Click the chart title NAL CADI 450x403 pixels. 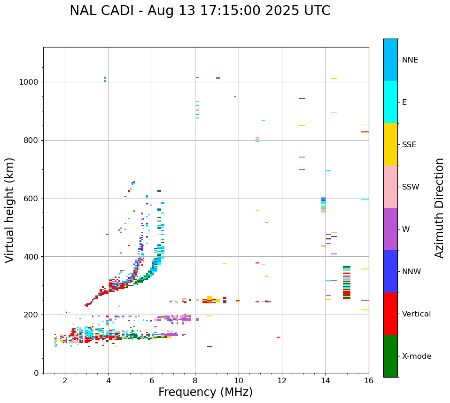click(x=200, y=11)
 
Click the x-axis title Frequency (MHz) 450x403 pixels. click(x=205, y=392)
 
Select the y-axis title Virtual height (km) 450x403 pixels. click(x=10, y=210)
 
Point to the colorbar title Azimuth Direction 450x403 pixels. click(x=440, y=207)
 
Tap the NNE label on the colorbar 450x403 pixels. click(x=410, y=60)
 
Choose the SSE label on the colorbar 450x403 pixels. click(x=409, y=145)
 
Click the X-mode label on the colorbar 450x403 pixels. click(x=416, y=356)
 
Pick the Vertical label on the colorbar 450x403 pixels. click(x=416, y=314)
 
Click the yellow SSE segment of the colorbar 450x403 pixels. click(x=390, y=144)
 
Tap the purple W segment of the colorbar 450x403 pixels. click(x=390, y=229)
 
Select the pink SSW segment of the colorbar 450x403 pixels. click(x=390, y=187)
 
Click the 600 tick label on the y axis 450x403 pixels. click(x=33, y=198)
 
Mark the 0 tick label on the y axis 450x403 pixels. click(x=37, y=373)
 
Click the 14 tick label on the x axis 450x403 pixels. click(x=325, y=380)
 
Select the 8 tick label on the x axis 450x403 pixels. click(x=195, y=380)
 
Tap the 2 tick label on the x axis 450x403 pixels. click(x=65, y=380)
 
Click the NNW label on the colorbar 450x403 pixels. click(x=411, y=272)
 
